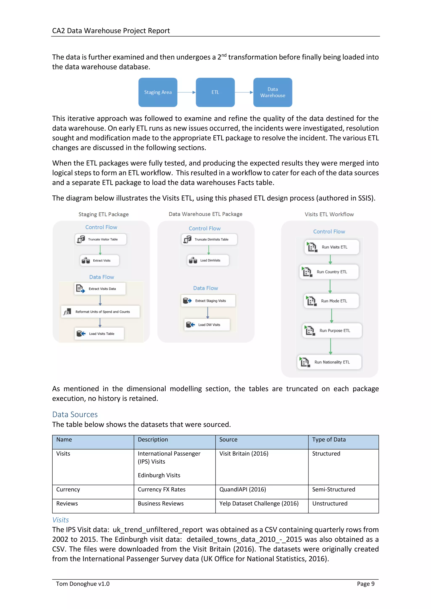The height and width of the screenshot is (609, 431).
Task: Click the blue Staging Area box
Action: tap(158, 92)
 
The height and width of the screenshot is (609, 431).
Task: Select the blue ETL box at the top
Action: tap(215, 92)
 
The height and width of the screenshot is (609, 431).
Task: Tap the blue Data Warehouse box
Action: tap(273, 92)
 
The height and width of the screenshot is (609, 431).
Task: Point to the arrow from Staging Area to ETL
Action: tap(186, 92)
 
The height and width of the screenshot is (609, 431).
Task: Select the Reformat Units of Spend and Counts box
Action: tap(100, 312)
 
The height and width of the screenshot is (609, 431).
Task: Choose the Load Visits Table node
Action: tap(99, 334)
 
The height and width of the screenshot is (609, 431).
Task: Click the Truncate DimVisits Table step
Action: tap(209, 239)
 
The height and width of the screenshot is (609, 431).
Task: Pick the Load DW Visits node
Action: tap(207, 325)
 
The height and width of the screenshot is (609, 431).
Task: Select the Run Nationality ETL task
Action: tap(329, 362)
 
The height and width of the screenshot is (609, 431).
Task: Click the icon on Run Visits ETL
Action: tap(312, 247)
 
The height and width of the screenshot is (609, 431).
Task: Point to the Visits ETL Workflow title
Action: tap(329, 214)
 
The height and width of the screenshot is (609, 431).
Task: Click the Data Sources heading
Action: tap(75, 414)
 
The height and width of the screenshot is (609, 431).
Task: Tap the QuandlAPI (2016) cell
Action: tap(242, 489)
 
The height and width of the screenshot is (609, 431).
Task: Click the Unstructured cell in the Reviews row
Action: tap(330, 504)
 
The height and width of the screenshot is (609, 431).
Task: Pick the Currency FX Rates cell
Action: tap(161, 489)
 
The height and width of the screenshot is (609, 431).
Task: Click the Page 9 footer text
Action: tap(365, 584)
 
